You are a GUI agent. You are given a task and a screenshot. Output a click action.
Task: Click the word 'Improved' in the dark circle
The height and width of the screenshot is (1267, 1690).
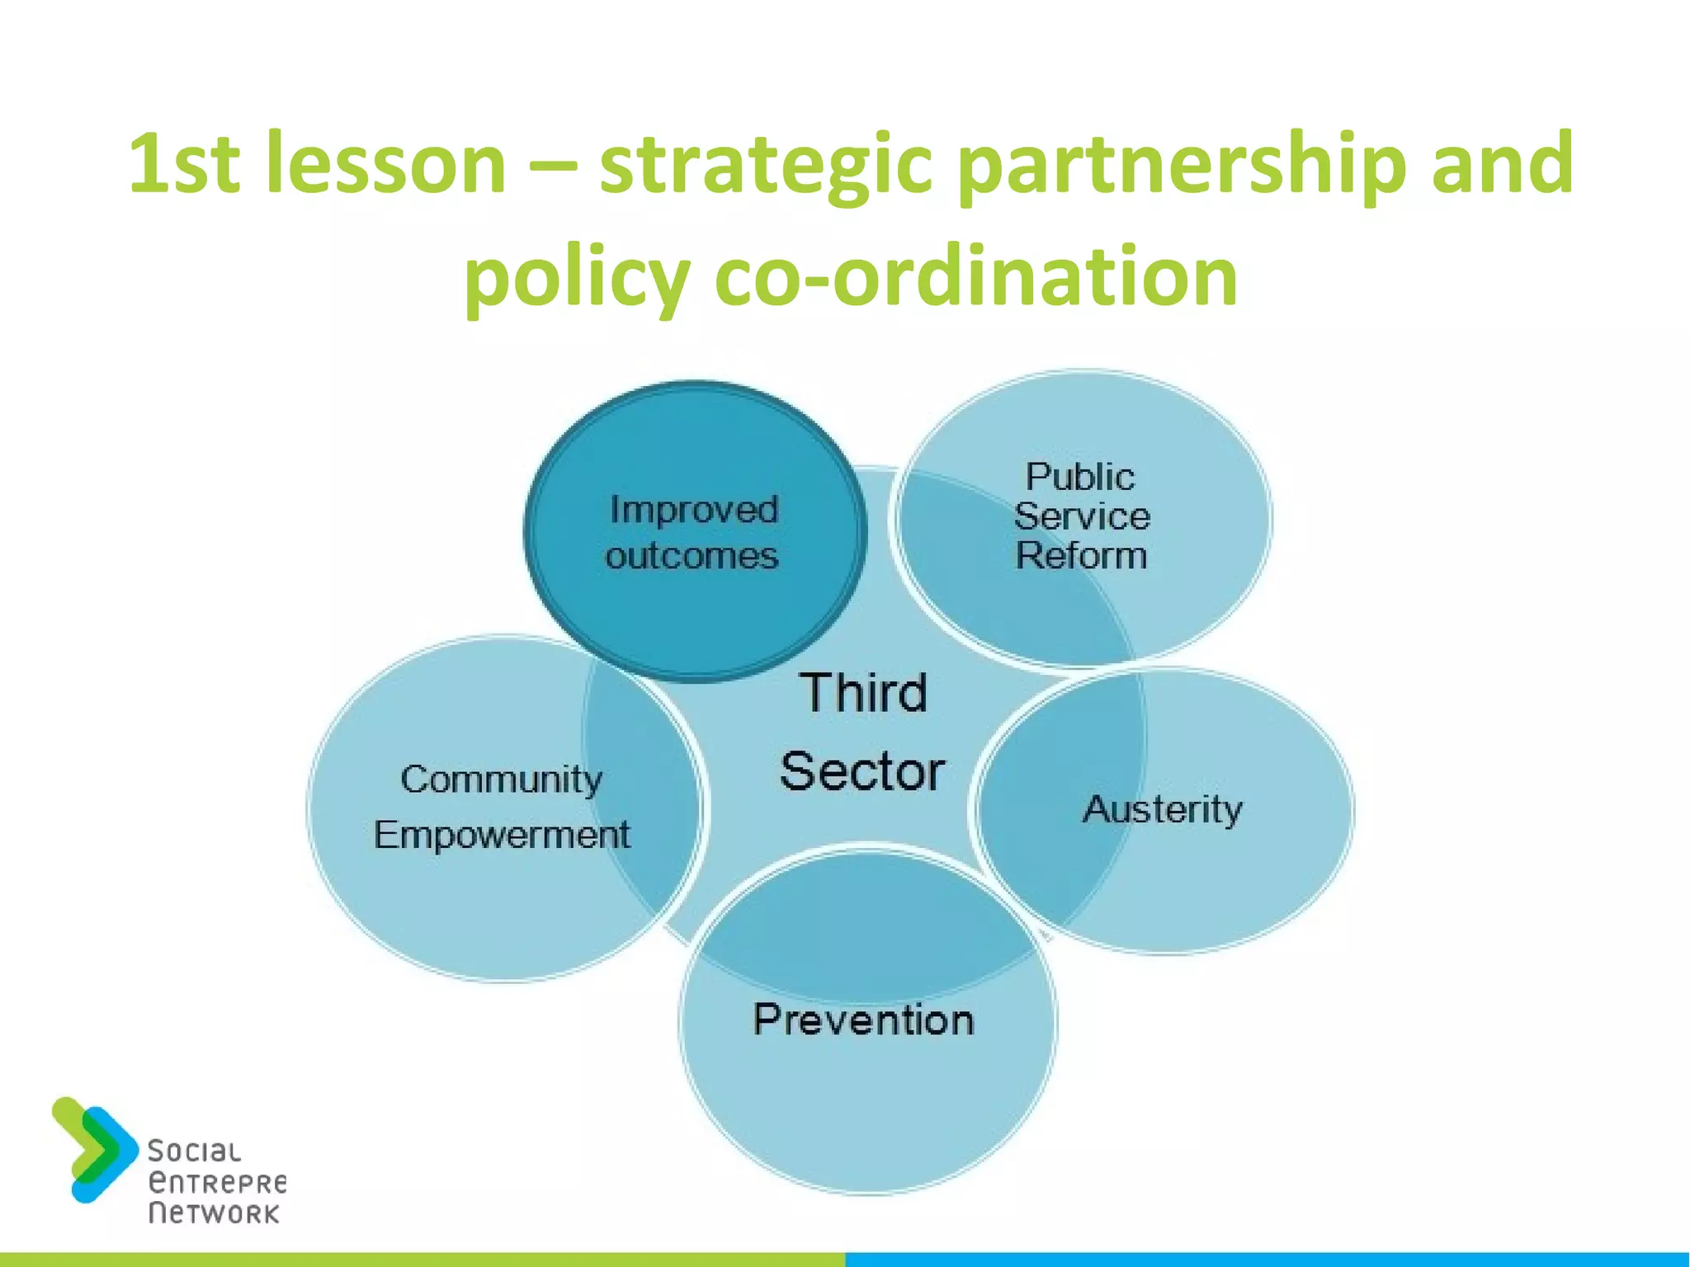(x=694, y=510)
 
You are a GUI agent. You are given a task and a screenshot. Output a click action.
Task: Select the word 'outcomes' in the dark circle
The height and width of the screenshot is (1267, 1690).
(x=692, y=556)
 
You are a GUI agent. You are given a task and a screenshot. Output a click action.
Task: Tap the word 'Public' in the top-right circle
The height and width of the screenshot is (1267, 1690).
(x=1080, y=477)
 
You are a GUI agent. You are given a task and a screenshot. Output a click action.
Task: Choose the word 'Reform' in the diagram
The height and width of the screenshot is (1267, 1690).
(x=1081, y=555)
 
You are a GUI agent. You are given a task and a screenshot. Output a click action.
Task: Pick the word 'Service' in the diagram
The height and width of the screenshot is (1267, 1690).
(x=1082, y=516)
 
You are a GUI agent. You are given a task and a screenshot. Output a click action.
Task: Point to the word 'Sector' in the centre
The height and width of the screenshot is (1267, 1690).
(x=862, y=772)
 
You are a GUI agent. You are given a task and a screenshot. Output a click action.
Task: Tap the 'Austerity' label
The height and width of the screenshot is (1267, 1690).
(x=1162, y=809)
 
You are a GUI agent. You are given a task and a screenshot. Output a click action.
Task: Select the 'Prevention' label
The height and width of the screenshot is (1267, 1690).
(x=864, y=1020)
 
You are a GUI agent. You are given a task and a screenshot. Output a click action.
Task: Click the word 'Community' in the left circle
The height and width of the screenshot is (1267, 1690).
(x=502, y=780)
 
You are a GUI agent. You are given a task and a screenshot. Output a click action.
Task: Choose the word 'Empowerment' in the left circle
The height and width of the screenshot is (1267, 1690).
(x=502, y=835)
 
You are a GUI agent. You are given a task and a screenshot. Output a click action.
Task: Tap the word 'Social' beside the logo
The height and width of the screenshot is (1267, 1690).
(x=195, y=1152)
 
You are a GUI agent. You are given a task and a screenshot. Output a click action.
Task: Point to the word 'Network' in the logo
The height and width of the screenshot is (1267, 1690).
(x=214, y=1213)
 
